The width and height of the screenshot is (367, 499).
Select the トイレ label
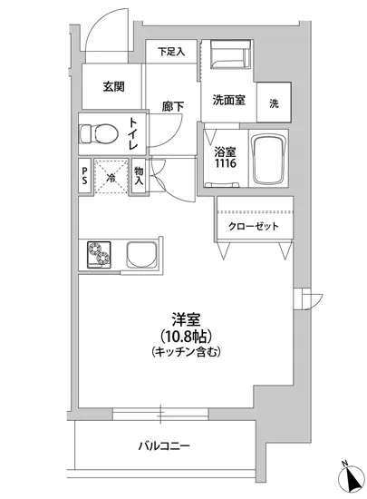[133, 134]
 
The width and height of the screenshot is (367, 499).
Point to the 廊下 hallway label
[173, 106]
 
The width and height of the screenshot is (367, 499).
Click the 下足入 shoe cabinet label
[171, 52]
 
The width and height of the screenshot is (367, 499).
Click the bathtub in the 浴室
[269, 161]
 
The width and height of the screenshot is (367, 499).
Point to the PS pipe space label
[84, 174]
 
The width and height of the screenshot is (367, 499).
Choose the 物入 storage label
[139, 175]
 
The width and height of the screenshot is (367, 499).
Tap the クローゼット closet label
[253, 227]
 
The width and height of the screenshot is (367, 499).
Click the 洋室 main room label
[187, 318]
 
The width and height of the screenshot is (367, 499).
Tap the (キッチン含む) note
[187, 351]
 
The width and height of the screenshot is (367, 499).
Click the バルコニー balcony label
[163, 446]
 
